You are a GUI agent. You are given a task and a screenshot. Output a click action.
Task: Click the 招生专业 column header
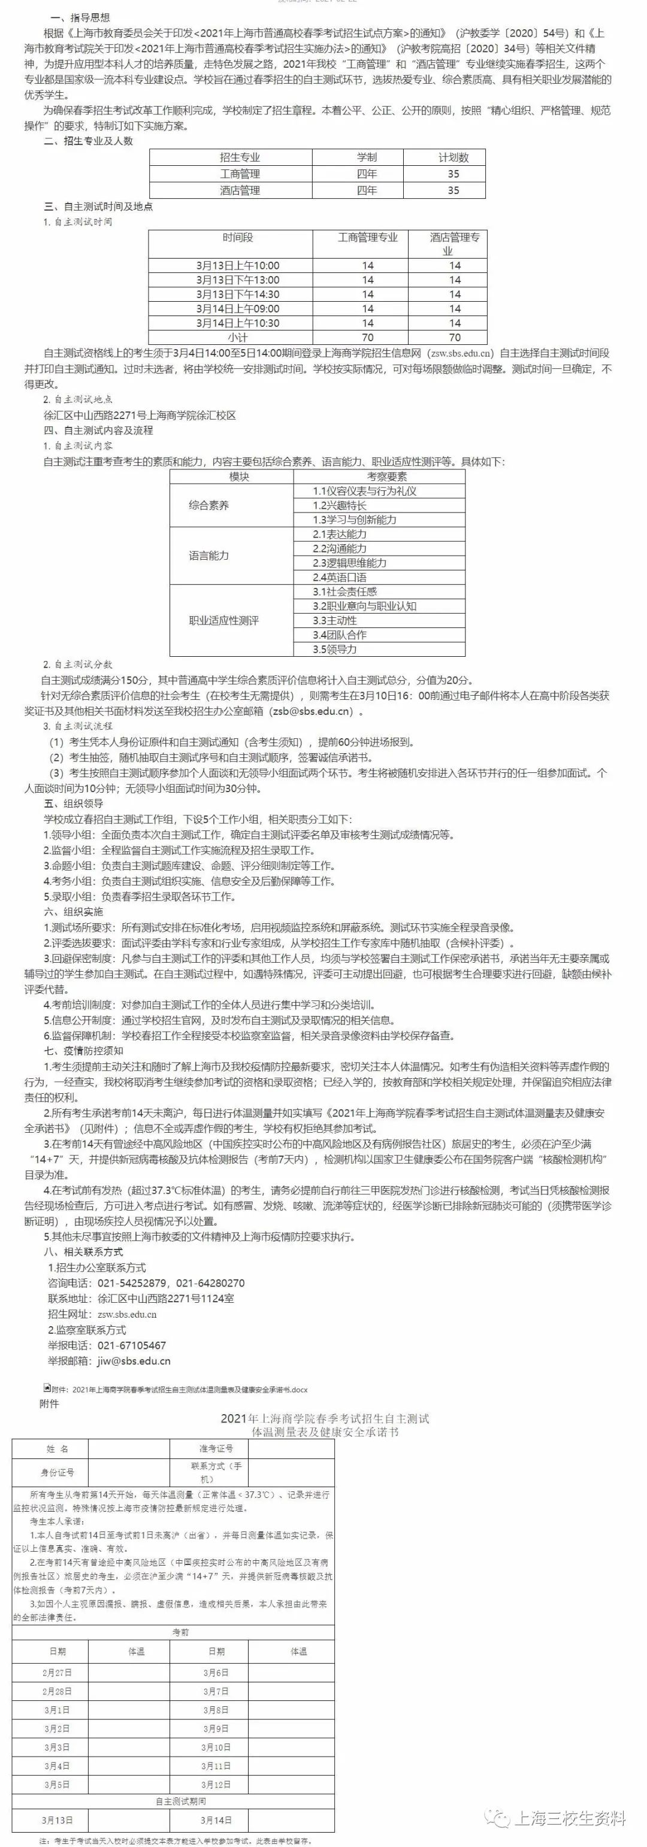tap(240, 157)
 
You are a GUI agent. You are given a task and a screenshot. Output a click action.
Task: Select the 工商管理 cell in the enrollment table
tap(240, 174)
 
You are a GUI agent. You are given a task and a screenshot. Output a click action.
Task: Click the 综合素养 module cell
tap(208, 505)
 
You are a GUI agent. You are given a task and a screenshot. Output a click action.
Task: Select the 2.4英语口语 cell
tap(340, 577)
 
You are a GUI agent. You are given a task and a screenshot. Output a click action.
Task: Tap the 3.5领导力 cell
tap(335, 649)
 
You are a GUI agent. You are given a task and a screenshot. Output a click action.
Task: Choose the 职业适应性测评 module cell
tap(223, 620)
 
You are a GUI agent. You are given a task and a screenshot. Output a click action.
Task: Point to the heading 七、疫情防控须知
tap(83, 1050)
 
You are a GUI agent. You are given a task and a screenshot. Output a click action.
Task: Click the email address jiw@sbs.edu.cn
tap(134, 1361)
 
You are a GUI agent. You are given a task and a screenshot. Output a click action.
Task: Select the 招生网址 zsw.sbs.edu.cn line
tap(102, 1314)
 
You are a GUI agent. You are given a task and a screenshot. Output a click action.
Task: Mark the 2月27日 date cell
tap(58, 1673)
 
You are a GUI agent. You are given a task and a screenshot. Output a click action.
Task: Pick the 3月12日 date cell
tap(216, 1785)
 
